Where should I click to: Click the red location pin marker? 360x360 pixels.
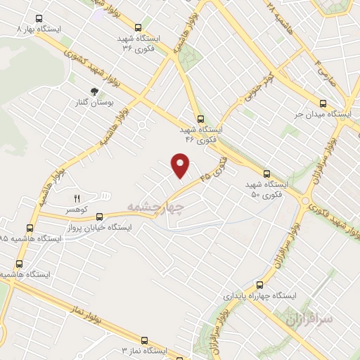pyautogui.click(x=181, y=165)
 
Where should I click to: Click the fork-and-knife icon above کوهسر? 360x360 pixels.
pyautogui.click(x=77, y=198)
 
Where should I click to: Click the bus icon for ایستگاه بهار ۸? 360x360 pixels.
pyautogui.click(x=37, y=20)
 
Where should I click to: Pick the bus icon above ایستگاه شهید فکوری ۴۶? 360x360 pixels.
pyautogui.click(x=200, y=119)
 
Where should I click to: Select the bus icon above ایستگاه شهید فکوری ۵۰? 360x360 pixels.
pyautogui.click(x=266, y=173)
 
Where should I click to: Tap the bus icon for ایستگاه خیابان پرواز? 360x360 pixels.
pyautogui.click(x=99, y=217)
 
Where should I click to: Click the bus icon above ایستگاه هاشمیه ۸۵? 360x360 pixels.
pyautogui.click(x=29, y=228)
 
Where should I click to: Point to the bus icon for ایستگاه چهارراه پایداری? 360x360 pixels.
pyautogui.click(x=259, y=285)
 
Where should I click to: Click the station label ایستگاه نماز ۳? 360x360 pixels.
pyautogui.click(x=143, y=349)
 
